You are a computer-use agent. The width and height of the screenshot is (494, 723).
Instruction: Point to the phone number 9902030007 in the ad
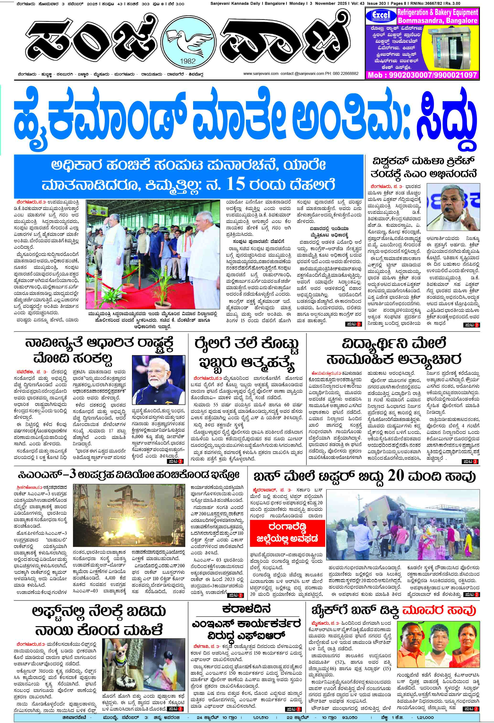click(402, 75)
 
